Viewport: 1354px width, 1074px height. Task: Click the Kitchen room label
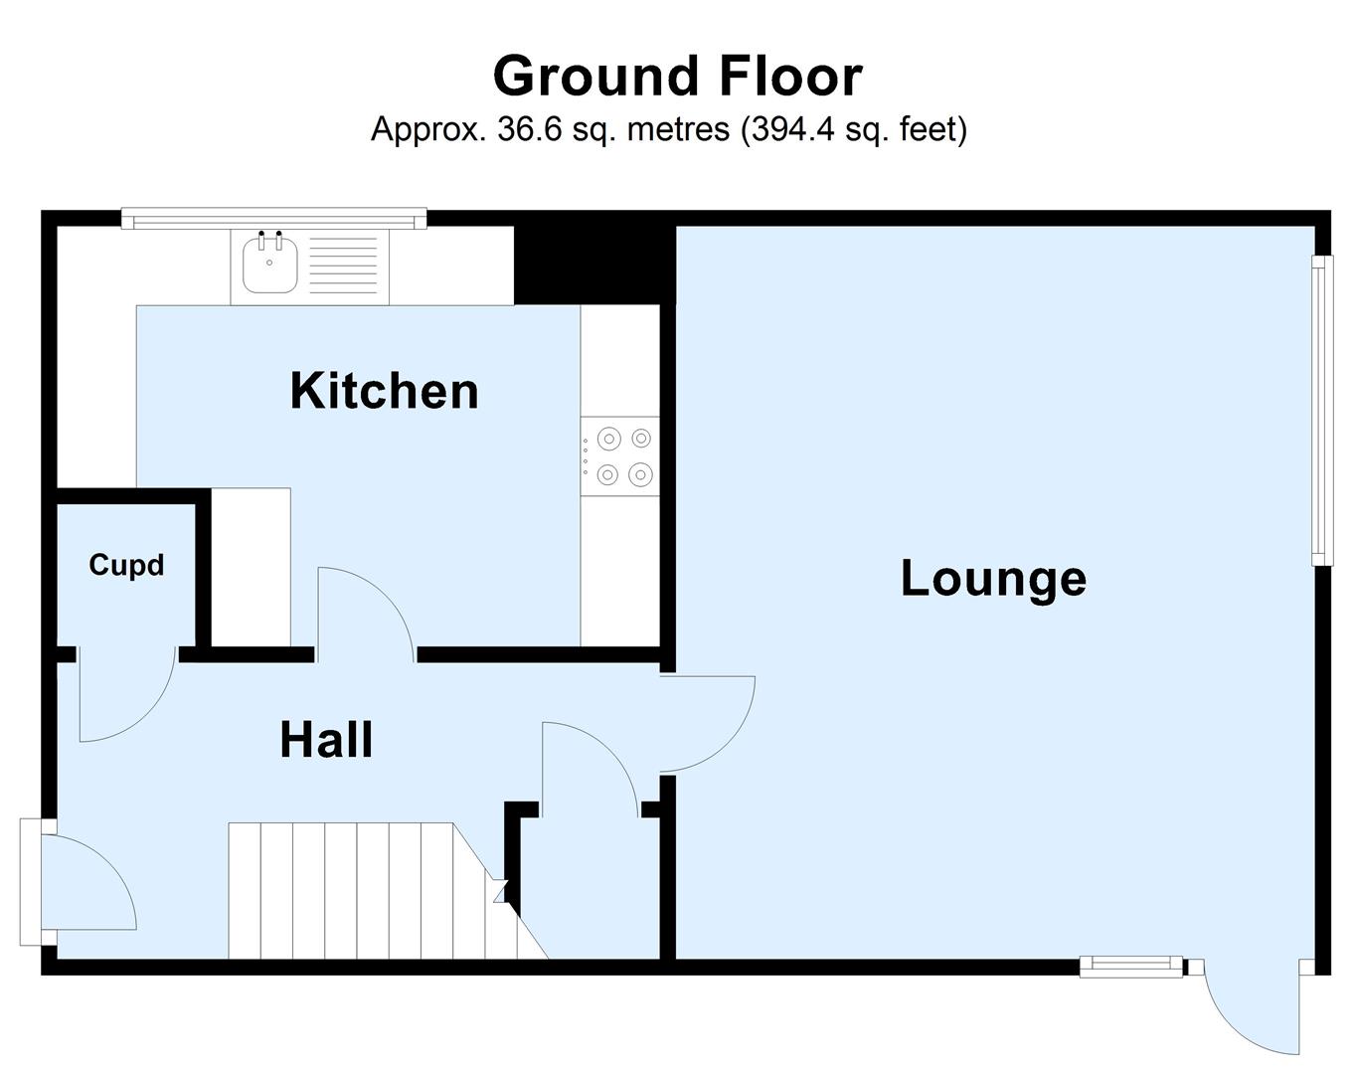coord(384,391)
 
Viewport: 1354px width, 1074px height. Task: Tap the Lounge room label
coord(993,578)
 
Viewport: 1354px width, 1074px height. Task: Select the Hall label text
coord(326,740)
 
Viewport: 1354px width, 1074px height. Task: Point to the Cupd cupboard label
coord(126,565)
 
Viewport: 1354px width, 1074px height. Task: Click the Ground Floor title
coord(677,77)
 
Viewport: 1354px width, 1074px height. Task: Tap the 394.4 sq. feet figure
coord(854,129)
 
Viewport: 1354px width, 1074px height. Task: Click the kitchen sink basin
coord(269,265)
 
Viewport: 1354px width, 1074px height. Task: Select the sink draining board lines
coord(343,265)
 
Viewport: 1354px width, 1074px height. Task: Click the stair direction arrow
coord(500,889)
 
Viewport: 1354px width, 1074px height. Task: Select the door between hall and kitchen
coord(365,612)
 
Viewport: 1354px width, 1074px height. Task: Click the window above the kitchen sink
coord(273,218)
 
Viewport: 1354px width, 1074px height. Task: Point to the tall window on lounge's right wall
coord(1321,410)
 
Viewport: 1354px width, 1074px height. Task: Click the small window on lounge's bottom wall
coord(1130,966)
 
